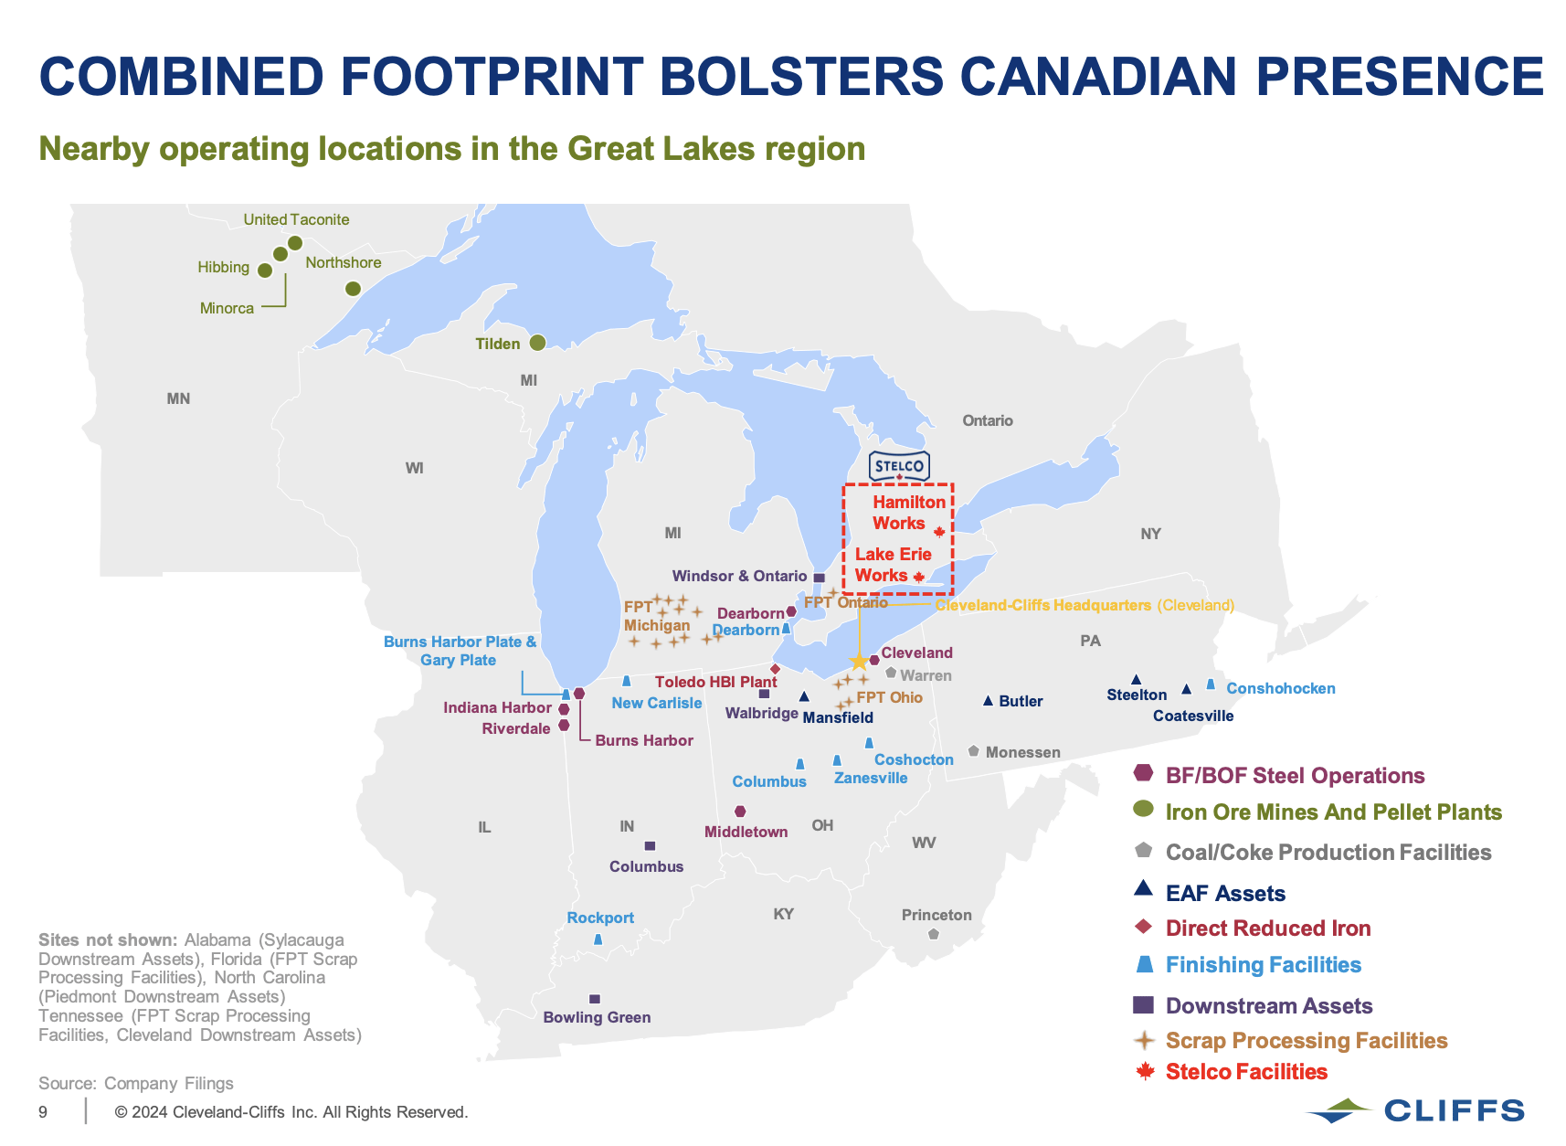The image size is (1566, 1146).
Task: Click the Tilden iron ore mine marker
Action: (537, 343)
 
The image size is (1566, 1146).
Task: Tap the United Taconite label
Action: (296, 219)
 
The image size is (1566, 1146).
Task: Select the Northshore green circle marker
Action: (353, 289)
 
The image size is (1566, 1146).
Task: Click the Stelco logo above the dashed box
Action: (899, 467)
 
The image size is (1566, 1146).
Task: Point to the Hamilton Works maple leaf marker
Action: (939, 532)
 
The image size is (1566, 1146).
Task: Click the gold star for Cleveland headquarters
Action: (859, 662)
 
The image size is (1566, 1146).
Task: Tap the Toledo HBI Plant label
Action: (715, 682)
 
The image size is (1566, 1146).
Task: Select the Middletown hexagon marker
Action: (740, 812)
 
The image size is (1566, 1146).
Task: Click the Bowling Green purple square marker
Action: (595, 999)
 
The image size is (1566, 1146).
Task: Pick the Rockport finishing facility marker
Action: (598, 939)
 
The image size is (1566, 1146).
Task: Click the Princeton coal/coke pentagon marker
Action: (933, 934)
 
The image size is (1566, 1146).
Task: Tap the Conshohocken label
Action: (1280, 688)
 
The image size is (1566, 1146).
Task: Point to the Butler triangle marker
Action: (988, 701)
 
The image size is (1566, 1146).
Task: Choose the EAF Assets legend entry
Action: (1224, 893)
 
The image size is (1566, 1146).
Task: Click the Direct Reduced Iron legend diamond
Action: (1143, 927)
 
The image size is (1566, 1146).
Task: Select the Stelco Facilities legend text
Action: (1246, 1071)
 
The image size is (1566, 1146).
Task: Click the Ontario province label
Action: (987, 420)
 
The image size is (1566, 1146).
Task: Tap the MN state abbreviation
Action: (178, 398)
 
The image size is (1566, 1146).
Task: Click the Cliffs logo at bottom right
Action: (1415, 1110)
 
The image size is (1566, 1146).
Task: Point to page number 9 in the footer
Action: (43, 1112)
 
